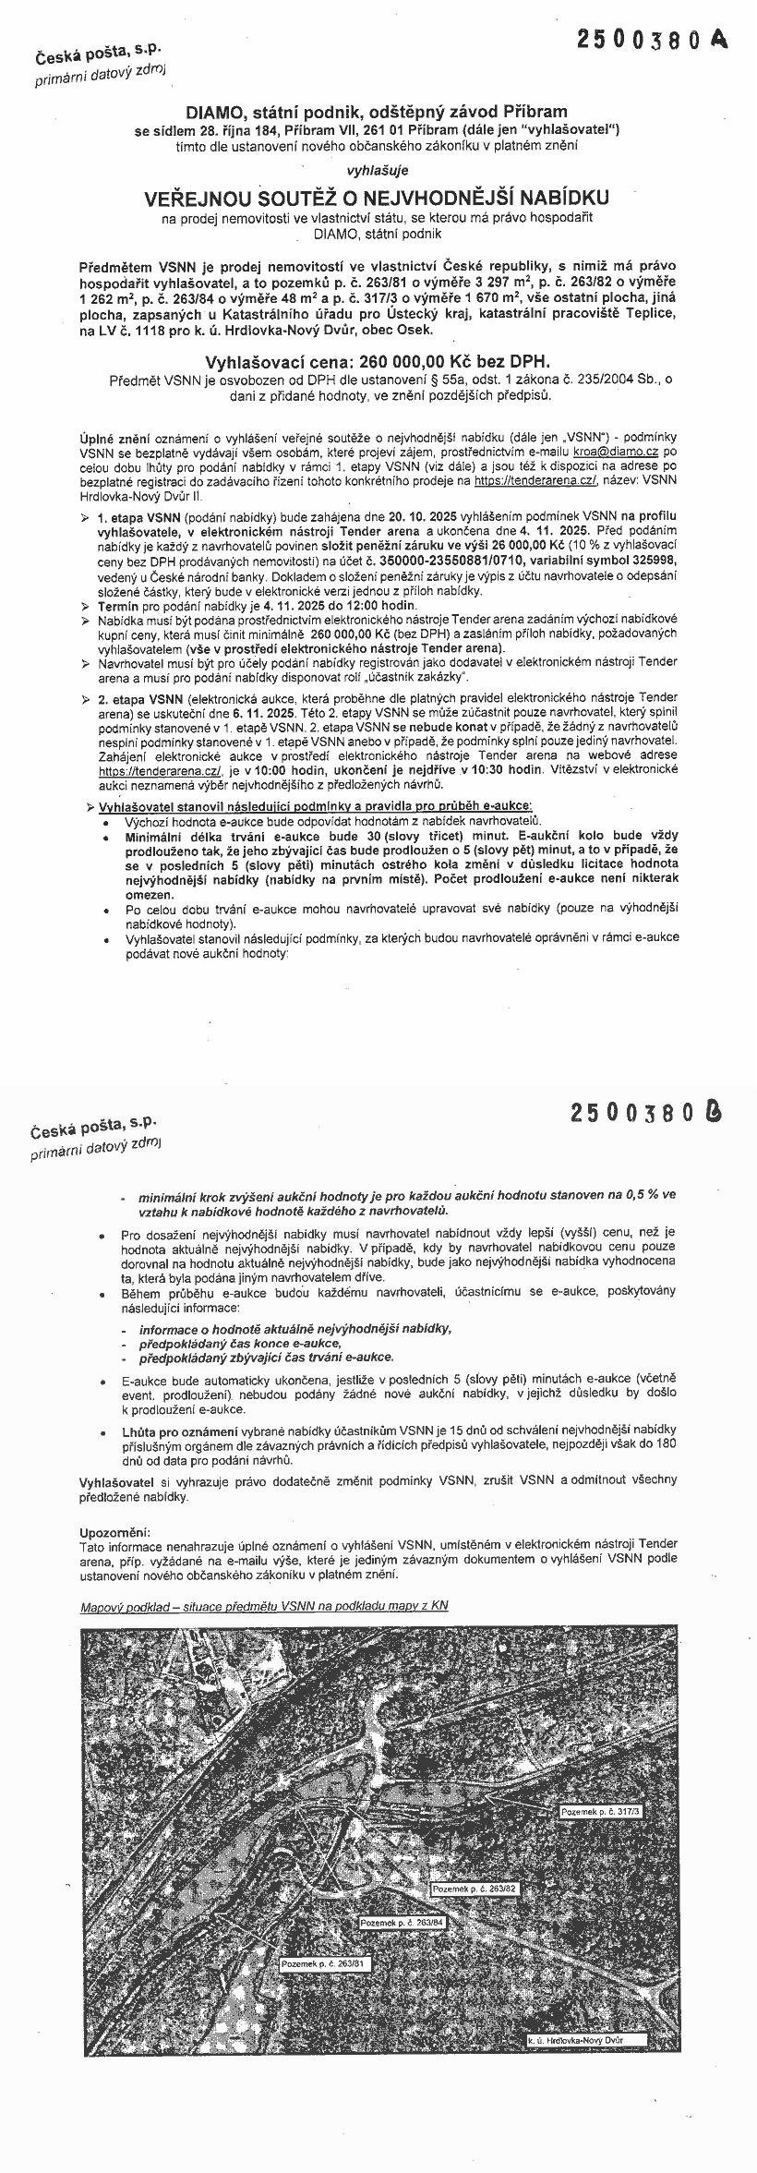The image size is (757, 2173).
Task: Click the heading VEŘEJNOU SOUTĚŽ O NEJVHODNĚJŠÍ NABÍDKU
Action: point(377,199)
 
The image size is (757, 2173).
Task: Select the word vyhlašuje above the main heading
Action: point(377,170)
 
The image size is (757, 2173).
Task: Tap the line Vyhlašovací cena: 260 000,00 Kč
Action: point(377,362)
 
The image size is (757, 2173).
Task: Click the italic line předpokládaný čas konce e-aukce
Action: point(241,1343)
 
